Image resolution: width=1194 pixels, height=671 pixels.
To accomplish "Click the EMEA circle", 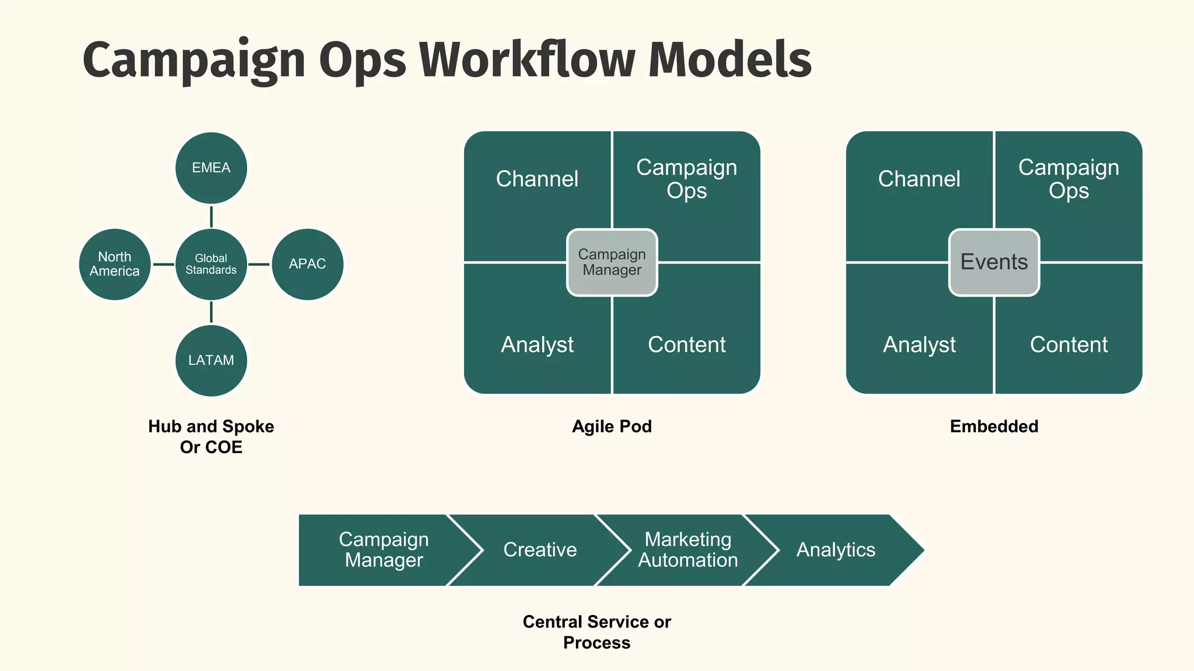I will pos(211,168).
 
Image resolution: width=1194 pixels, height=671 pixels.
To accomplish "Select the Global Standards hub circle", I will pos(211,264).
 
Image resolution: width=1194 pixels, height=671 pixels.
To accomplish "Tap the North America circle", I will pos(115,264).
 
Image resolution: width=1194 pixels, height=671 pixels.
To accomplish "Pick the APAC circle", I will pos(307,264).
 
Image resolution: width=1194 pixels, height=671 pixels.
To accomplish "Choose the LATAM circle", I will pos(211,361).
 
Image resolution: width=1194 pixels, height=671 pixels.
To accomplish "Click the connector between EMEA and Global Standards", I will pos(211,217).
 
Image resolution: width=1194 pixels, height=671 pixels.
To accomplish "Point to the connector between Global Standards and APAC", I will pos(259,264).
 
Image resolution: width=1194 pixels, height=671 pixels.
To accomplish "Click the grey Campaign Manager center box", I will pos(612,262).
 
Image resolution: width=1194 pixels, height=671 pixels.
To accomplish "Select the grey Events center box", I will pos(994,262).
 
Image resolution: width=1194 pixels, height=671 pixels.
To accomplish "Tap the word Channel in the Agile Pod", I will pos(537,179).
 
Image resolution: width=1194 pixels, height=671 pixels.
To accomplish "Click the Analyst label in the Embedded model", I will pos(919,345).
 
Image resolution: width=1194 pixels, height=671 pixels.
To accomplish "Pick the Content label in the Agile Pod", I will pos(687,345).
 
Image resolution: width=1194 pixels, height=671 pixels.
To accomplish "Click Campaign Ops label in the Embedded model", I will pos(1069,179).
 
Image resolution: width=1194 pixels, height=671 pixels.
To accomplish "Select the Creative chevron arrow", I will pos(540,550).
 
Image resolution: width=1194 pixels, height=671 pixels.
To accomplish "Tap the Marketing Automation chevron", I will pos(688,550).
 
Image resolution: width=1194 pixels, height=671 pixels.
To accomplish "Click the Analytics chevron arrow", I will pos(836,550).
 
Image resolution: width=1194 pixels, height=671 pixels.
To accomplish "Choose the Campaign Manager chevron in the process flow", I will pos(384,550).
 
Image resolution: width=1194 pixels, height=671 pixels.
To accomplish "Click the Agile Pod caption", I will pos(612,426).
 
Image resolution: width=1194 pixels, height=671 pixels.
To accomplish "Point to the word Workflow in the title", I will pos(527,61).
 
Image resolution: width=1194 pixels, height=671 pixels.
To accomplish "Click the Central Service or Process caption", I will pos(596,632).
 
